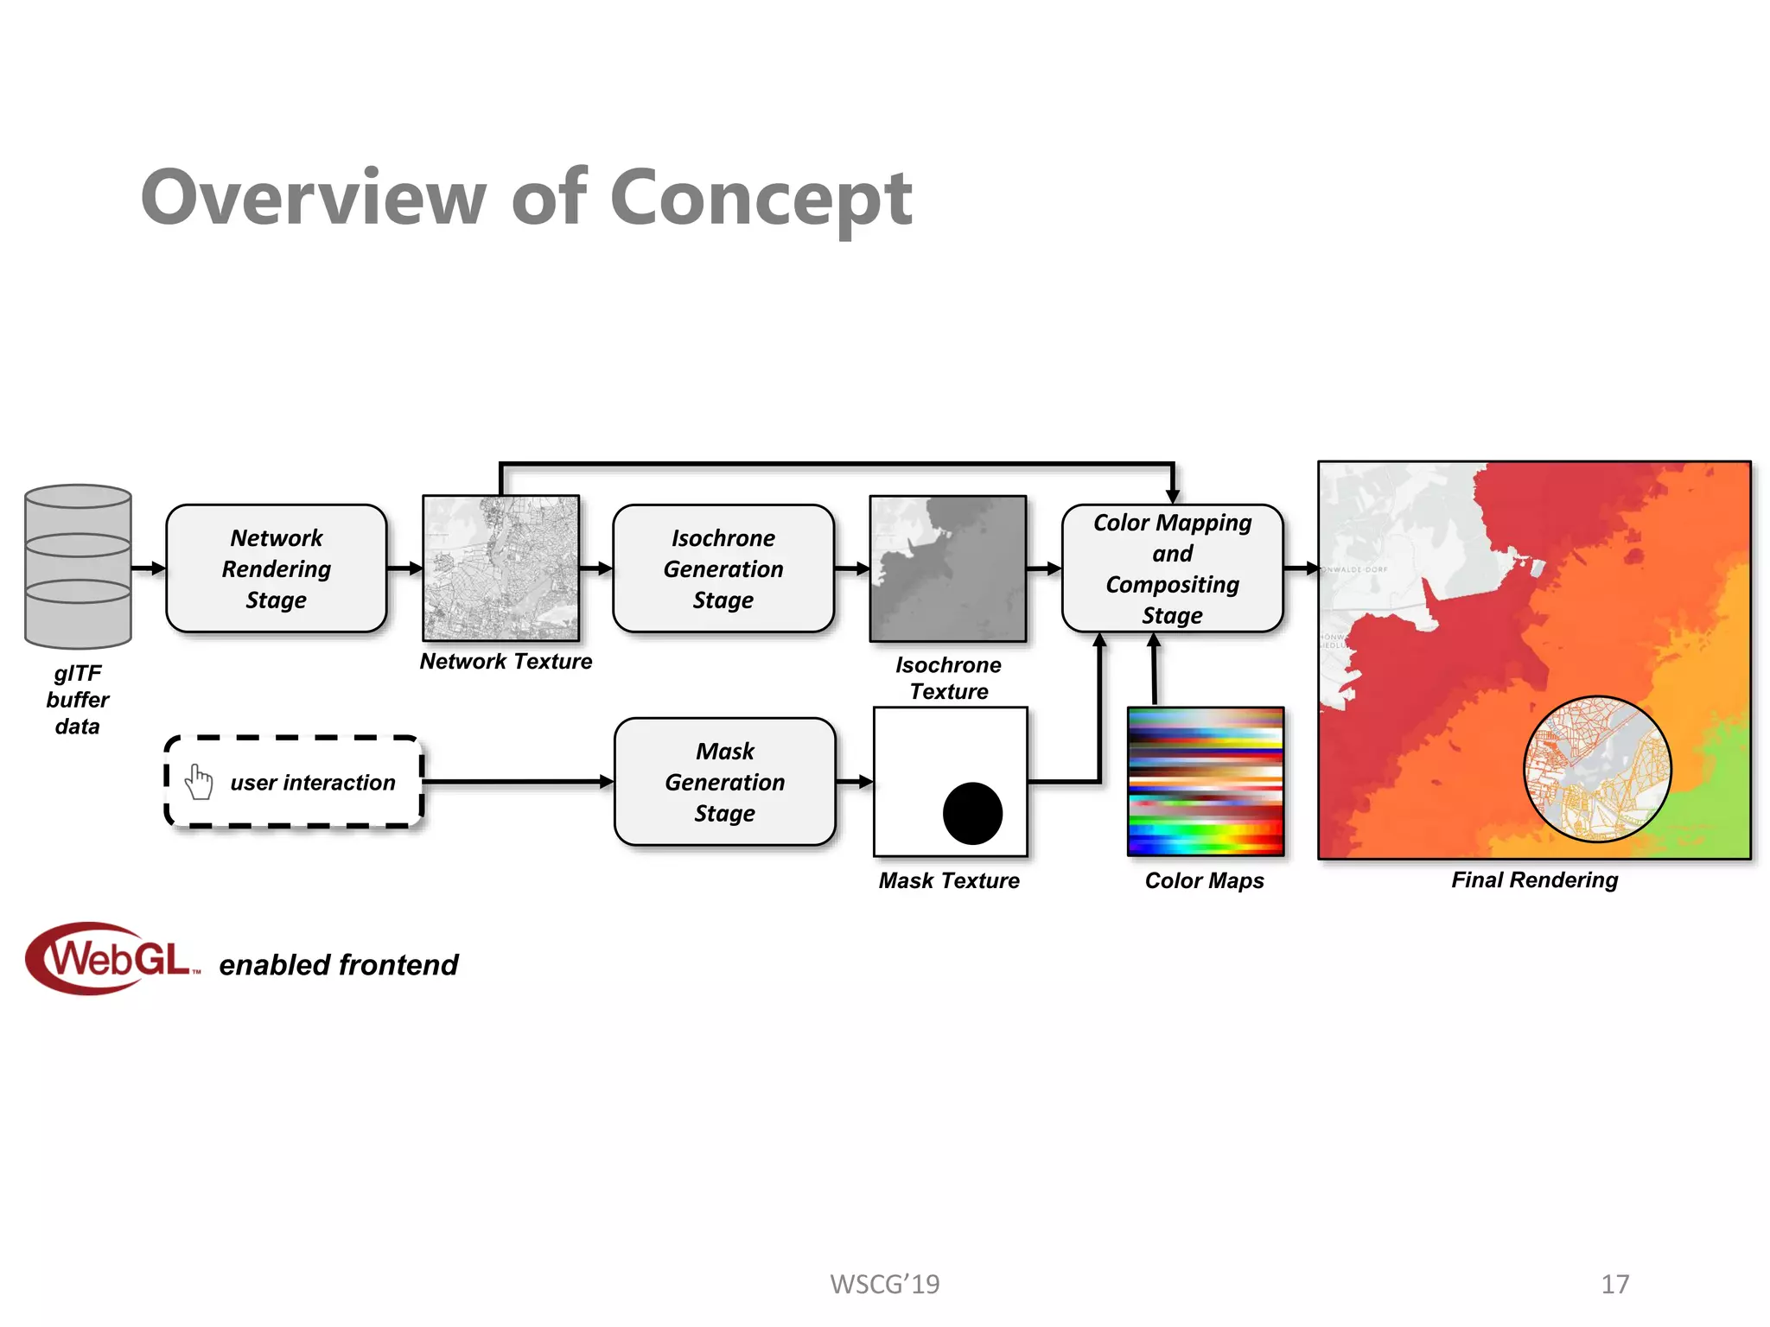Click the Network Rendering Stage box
tap(276, 568)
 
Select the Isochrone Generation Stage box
tap(723, 568)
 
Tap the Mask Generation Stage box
tap(724, 782)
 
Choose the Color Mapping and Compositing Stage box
tap(1172, 568)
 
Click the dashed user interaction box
tap(294, 782)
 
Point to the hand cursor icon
tap(199, 782)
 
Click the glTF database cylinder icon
tap(78, 566)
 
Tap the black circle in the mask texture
tap(972, 813)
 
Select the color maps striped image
tap(1206, 782)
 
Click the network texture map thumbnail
tap(500, 568)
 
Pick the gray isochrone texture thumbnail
tap(948, 568)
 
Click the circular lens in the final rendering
tap(1596, 769)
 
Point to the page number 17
tap(1614, 1284)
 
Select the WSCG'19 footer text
tap(884, 1284)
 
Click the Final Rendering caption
tap(1534, 879)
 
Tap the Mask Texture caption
tap(949, 880)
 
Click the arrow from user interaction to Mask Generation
tap(519, 782)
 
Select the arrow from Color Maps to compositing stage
tap(1154, 670)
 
